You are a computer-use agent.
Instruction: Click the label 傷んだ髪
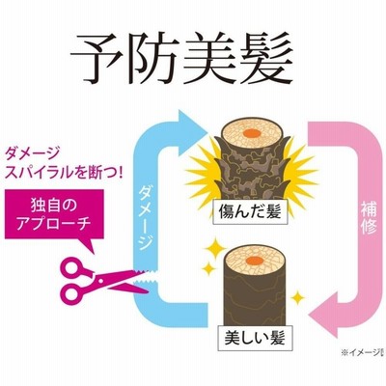pyautogui.click(x=250, y=212)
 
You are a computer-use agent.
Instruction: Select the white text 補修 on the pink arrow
pyautogui.click(x=368, y=216)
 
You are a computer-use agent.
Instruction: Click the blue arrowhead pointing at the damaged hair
pyautogui.click(x=190, y=131)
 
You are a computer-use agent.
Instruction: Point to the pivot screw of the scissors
pyautogui.click(x=101, y=281)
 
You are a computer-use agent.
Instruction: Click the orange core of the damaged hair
pyautogui.click(x=252, y=132)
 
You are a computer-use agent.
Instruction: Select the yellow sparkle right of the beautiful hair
pyautogui.click(x=297, y=298)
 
